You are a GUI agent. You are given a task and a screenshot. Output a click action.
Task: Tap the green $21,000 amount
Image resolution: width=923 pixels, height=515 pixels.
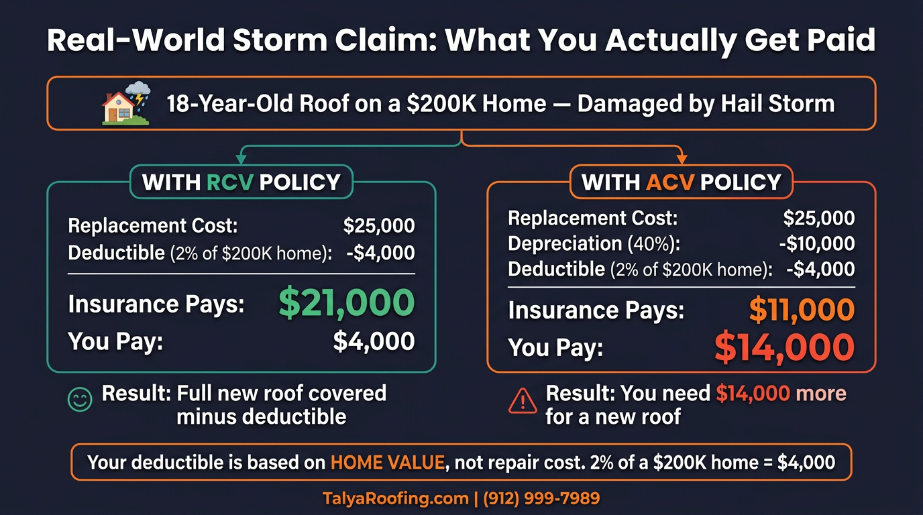point(346,304)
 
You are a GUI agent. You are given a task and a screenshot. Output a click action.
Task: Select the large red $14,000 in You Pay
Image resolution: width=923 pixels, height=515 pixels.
point(783,348)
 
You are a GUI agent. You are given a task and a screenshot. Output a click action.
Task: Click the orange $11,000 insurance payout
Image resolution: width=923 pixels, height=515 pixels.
point(801,310)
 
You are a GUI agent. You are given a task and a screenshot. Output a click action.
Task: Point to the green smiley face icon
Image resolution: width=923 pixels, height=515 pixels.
point(80,400)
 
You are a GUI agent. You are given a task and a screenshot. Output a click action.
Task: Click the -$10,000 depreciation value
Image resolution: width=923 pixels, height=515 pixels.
point(816,243)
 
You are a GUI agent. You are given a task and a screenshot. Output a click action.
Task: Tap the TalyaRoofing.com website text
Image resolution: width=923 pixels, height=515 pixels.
point(395,498)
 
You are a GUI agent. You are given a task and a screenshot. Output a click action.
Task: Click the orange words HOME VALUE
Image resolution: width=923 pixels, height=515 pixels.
point(387,462)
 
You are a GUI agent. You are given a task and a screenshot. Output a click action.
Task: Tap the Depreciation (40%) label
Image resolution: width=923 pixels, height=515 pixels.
point(594,243)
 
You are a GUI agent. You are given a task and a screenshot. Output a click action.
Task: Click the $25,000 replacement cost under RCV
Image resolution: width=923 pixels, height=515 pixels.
point(378,226)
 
